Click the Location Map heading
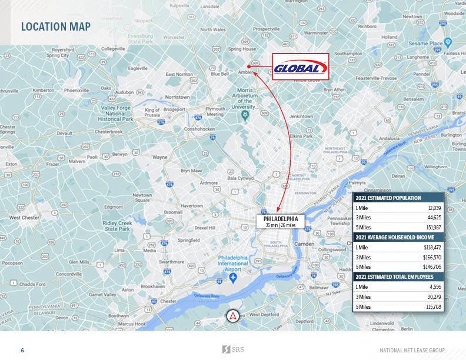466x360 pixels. point(55,26)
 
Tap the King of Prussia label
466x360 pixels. point(152,113)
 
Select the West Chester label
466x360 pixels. point(22,218)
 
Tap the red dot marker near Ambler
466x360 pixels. point(249,67)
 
